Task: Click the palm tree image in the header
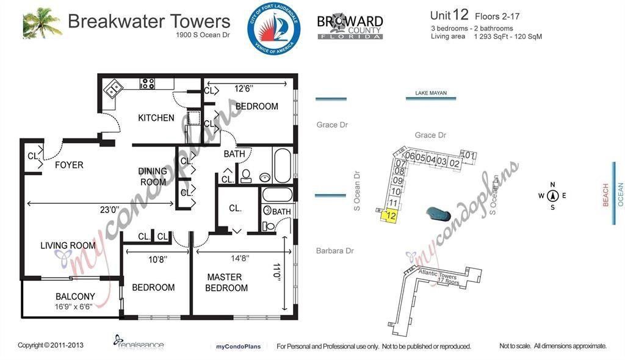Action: [43, 23]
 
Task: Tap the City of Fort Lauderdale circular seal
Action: [273, 28]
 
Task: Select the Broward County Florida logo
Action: [350, 27]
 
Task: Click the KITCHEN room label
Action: [156, 118]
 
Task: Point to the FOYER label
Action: [69, 165]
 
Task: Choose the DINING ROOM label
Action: [153, 176]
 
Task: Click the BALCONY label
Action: [75, 297]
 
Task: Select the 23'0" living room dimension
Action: [110, 209]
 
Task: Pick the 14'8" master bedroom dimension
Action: [241, 259]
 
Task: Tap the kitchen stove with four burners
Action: [147, 84]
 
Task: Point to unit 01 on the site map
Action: [469, 156]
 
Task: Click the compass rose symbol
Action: [553, 196]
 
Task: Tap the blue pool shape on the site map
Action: [438, 214]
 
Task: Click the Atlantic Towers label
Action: [438, 276]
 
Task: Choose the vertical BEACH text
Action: [605, 195]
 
